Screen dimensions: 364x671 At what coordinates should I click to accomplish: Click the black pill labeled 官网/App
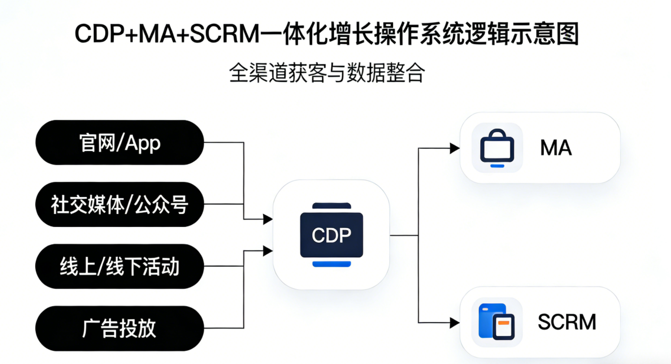[120, 143]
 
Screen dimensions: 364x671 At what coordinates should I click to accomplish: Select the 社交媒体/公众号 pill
[120, 205]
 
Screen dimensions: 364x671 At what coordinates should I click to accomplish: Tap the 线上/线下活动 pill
[120, 267]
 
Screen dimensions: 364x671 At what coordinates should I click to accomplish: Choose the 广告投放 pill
[120, 329]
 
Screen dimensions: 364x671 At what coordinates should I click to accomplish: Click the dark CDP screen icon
[331, 235]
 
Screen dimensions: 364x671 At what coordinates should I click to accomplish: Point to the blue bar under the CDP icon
[331, 264]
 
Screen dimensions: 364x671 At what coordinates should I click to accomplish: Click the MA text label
[556, 148]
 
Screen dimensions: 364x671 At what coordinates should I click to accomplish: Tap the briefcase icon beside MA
[497, 148]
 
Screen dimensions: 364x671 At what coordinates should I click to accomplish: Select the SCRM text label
[567, 322]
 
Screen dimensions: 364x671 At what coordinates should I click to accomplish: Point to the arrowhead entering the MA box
[455, 148]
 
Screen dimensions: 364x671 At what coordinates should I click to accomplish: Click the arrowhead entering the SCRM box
[455, 322]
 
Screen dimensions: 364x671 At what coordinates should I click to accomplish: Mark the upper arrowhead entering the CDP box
[268, 219]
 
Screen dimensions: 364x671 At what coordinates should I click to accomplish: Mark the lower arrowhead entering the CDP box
[268, 250]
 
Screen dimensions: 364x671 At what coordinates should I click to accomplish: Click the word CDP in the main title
[101, 35]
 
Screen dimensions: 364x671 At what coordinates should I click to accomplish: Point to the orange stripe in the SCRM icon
[503, 323]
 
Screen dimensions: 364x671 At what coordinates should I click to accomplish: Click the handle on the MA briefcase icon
[497, 134]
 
